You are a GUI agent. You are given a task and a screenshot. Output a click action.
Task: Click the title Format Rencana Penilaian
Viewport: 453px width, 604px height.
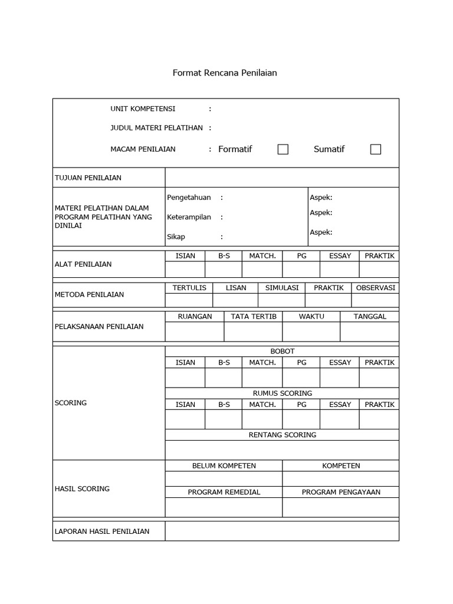point(224,73)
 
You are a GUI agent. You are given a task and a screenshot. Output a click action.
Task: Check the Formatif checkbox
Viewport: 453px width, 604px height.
point(283,149)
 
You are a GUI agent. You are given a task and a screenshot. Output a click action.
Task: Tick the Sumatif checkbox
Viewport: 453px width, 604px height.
point(376,149)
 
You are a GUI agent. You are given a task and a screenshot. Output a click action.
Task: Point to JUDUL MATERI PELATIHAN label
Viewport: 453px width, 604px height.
point(156,127)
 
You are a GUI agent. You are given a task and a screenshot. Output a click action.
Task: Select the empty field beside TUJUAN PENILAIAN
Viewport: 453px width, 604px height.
point(281,178)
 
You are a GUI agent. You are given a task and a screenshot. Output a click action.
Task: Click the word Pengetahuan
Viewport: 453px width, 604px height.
point(189,198)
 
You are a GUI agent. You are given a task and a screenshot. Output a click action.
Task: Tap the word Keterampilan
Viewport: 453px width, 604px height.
point(189,217)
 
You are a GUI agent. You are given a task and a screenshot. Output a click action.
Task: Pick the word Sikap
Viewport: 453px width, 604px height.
point(176,237)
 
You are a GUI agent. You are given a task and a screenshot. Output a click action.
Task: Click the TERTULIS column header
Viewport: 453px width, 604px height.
point(189,288)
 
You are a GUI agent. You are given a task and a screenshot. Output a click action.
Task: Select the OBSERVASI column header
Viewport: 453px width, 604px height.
point(376,288)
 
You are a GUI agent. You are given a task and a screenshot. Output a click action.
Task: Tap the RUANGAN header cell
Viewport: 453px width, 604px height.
point(195,316)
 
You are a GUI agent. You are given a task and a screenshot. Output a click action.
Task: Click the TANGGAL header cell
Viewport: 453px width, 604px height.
point(370,316)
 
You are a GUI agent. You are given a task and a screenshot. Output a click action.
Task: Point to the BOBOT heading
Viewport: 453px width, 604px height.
point(282,351)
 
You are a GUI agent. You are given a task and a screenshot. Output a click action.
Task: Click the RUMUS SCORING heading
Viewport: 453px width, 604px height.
point(282,393)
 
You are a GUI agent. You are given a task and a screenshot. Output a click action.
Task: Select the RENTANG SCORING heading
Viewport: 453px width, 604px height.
point(282,435)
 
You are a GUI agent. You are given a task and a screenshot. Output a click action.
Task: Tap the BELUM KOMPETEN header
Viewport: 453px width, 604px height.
point(224,465)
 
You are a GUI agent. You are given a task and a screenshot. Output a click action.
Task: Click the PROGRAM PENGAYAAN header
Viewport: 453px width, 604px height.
point(341,492)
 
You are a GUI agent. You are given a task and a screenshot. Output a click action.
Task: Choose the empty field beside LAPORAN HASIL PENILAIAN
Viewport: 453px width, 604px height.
point(281,531)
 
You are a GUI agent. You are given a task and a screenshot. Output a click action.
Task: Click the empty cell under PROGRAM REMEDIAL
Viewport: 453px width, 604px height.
point(224,507)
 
